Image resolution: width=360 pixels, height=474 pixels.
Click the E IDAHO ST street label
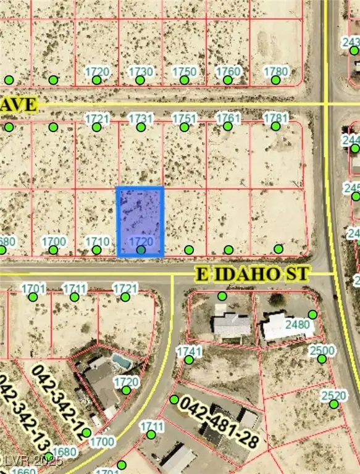tap(253, 273)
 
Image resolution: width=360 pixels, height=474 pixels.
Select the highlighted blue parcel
tap(140, 221)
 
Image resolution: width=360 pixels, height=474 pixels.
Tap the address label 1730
tap(141, 72)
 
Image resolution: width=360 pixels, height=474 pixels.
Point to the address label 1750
tap(184, 72)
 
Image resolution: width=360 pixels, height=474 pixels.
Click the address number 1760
tap(228, 72)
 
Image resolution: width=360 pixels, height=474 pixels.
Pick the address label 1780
tap(275, 72)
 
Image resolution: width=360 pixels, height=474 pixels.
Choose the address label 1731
tap(141, 118)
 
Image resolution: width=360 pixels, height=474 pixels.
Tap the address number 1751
tap(184, 118)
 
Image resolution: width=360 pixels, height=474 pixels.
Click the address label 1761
tap(228, 118)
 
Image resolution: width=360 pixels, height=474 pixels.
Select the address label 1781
tap(275, 118)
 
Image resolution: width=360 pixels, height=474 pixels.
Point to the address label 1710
tap(97, 241)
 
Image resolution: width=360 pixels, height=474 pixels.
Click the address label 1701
tap(33, 288)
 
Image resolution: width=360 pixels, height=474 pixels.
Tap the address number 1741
tap(189, 351)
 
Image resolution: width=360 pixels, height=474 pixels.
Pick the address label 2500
tap(322, 351)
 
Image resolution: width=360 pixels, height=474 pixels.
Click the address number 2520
tap(334, 396)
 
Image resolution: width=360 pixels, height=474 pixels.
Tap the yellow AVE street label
tap(19, 104)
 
